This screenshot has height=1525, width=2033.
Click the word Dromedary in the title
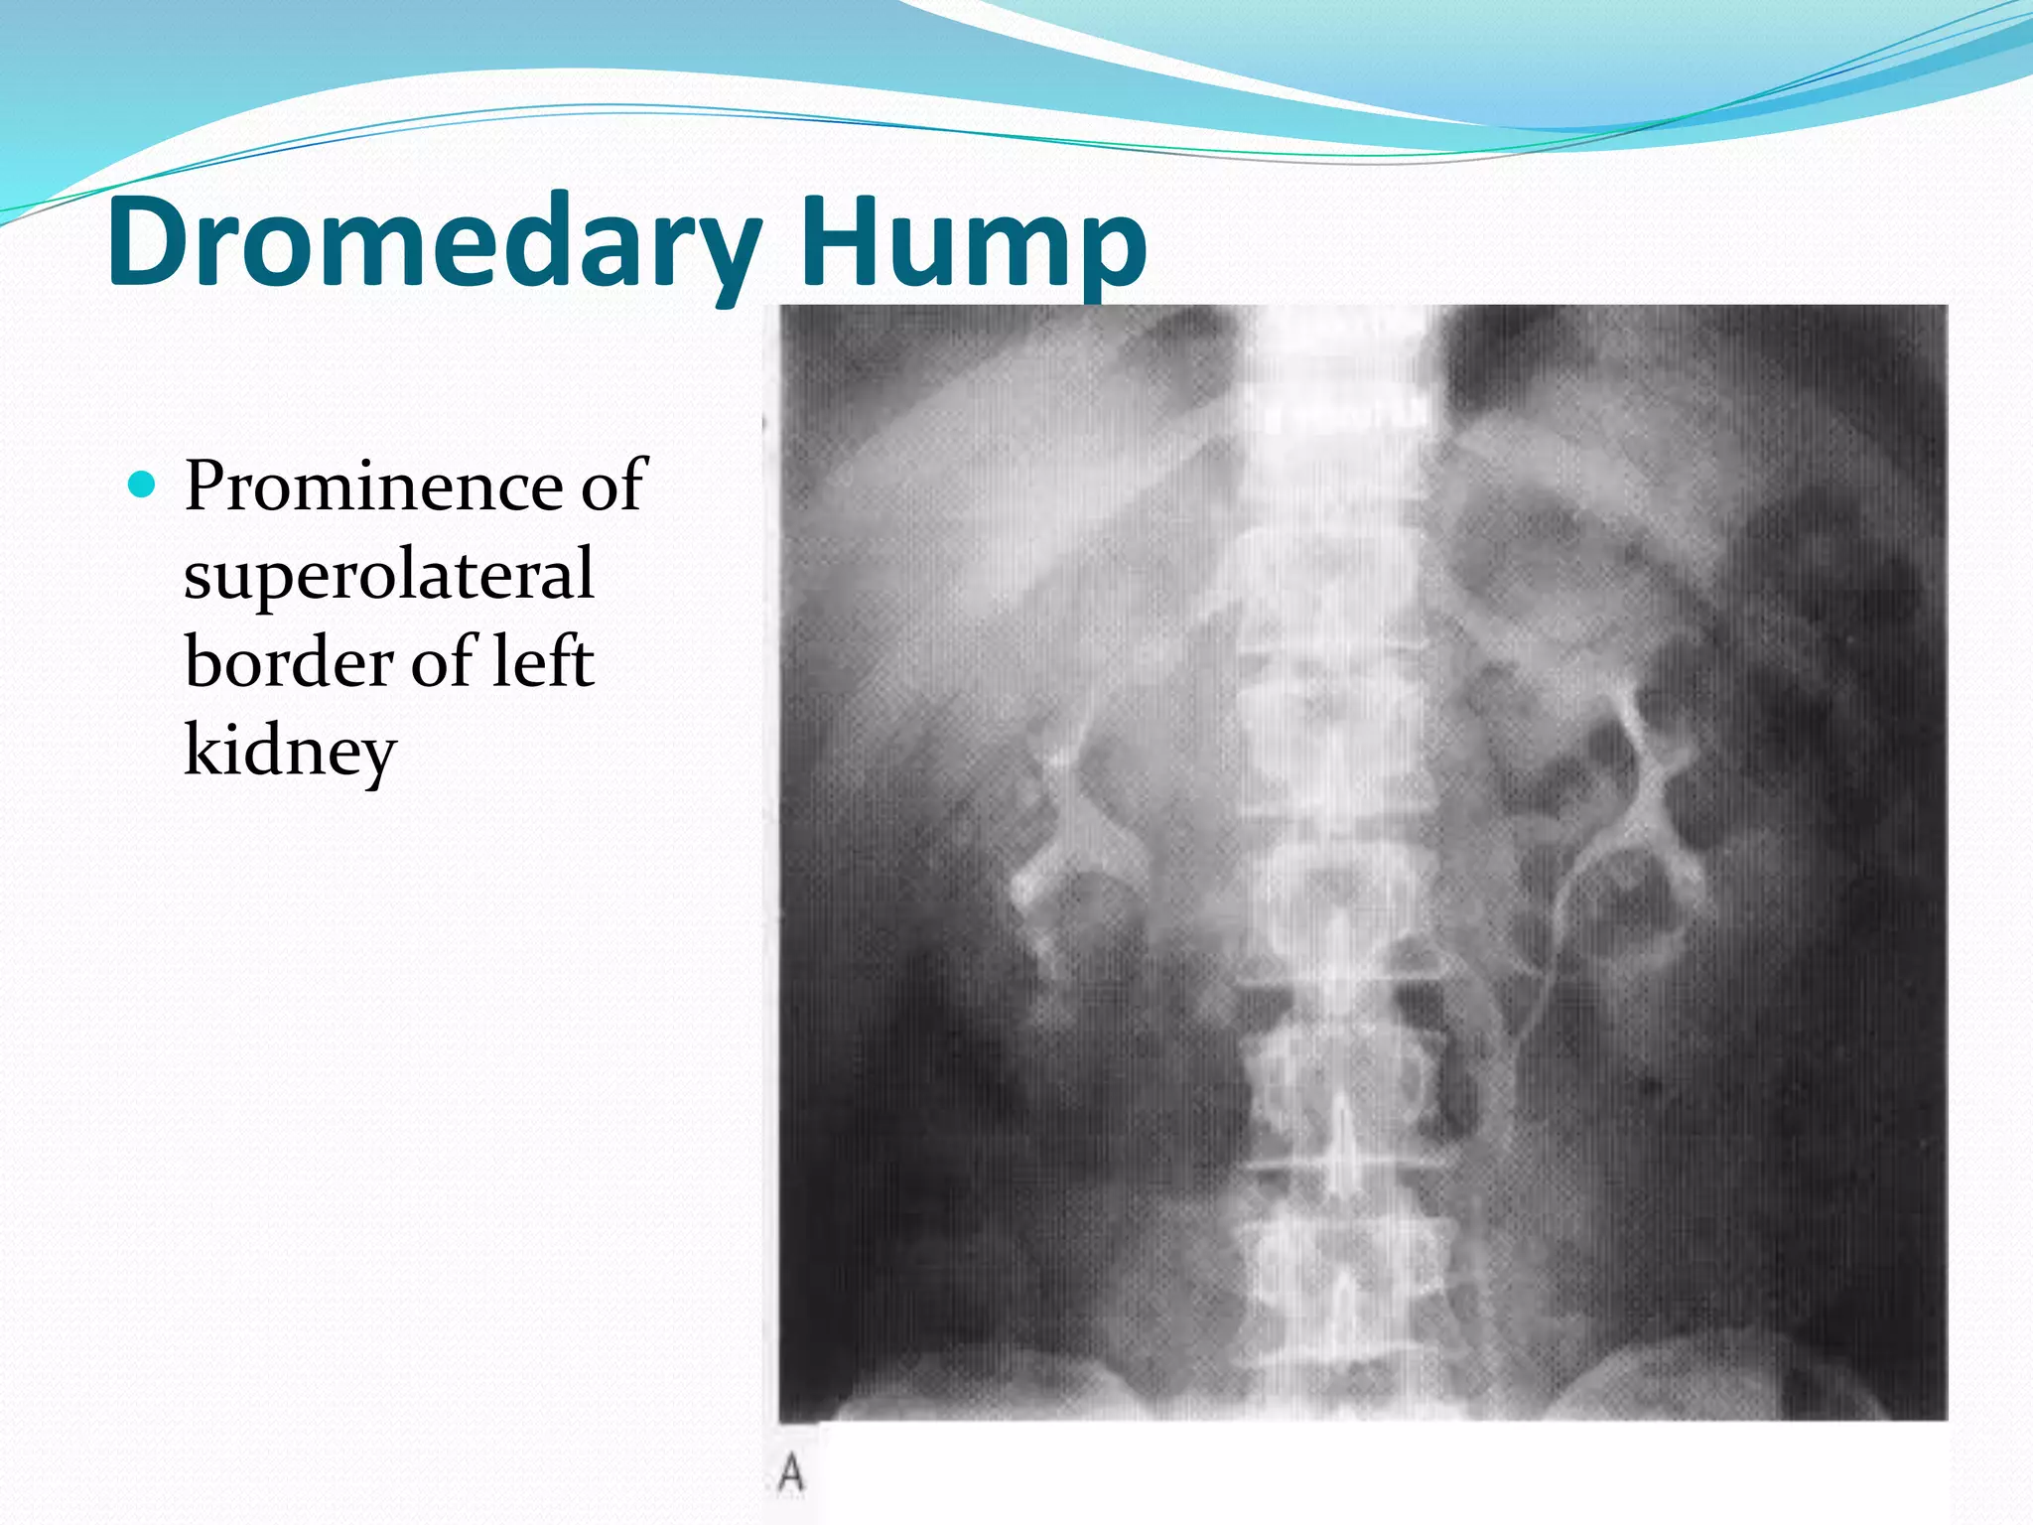click(x=434, y=243)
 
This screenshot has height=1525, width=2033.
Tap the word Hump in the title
click(x=973, y=243)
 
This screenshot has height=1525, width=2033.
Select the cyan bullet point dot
click(x=143, y=485)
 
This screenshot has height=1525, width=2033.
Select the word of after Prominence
click(x=613, y=486)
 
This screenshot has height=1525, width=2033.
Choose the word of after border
click(x=443, y=661)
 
